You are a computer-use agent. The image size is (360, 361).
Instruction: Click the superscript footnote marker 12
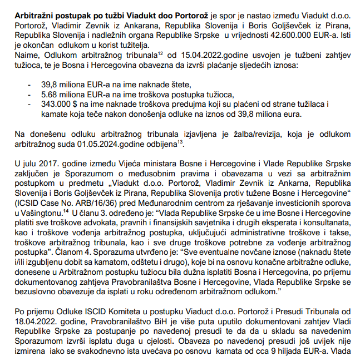pyautogui.click(x=160, y=53)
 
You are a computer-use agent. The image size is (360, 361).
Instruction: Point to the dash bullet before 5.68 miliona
pyautogui.click(x=29, y=94)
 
